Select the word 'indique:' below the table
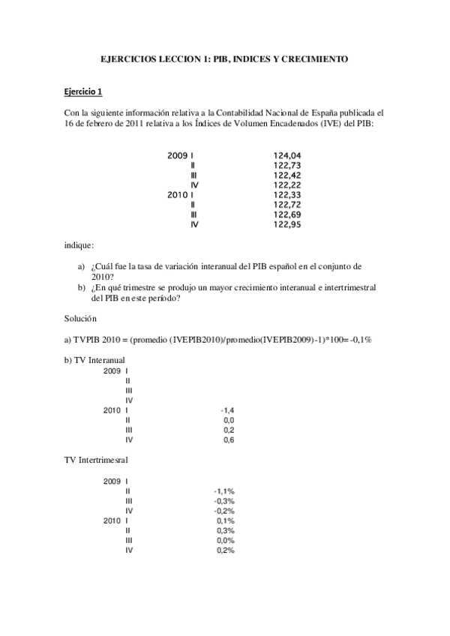[x=79, y=244]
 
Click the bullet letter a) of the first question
[x=82, y=266]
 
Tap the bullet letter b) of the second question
[x=82, y=287]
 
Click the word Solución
[x=82, y=319]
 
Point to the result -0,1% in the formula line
[x=360, y=340]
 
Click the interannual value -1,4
[x=228, y=411]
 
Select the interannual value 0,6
[x=229, y=440]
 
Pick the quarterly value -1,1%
[x=224, y=490]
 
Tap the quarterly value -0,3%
[x=224, y=500]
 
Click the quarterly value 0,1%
[x=226, y=520]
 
